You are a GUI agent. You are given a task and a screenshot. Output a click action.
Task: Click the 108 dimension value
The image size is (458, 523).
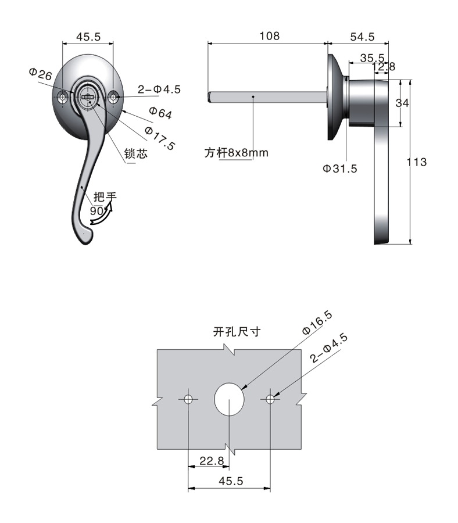tap(270, 36)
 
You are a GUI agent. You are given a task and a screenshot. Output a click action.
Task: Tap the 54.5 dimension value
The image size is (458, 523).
tap(362, 37)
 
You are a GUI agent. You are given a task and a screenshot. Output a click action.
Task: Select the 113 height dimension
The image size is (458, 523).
tap(417, 162)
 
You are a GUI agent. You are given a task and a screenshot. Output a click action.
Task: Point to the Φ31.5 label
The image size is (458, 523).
tap(340, 169)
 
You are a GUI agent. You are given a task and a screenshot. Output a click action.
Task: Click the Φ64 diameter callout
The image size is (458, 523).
tap(160, 113)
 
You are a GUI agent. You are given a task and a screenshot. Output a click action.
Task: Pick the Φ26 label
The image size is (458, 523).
tap(40, 74)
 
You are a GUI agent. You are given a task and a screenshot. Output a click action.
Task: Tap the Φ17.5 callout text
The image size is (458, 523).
tap(160, 138)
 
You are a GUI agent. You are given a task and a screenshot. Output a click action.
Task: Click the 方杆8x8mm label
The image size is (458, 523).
tap(237, 153)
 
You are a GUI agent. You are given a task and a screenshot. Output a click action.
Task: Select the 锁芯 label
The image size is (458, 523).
tap(136, 153)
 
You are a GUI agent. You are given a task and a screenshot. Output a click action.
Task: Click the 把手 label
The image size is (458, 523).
tap(105, 197)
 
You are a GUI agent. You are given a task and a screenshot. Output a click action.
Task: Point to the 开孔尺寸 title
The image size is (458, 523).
tap(237, 332)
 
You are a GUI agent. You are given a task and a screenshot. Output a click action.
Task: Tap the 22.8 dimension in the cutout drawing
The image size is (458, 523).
tap(212, 461)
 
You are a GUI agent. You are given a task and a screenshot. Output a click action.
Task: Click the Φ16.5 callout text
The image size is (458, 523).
tap(317, 323)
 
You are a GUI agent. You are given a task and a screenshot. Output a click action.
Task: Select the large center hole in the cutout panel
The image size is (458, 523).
tap(229, 399)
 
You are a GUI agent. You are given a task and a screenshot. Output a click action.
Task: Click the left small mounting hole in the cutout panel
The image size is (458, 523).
tap(188, 399)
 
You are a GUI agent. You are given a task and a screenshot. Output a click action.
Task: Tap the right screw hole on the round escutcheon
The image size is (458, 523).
tap(114, 97)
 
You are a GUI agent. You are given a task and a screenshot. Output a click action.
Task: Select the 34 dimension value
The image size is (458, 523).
tap(402, 103)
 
